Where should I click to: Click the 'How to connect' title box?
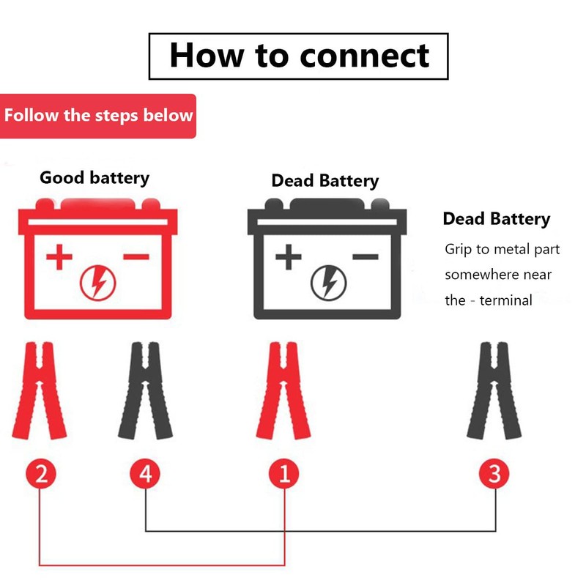click(298, 56)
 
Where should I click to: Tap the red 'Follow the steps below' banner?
click(98, 116)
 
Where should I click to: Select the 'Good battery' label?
click(94, 177)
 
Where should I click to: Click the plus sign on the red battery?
click(59, 257)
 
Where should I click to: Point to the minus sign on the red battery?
click(136, 256)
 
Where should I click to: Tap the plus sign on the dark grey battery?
click(289, 257)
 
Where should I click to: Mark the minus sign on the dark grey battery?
click(366, 256)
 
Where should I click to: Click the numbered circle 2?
click(41, 474)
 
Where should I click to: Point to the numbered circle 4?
click(146, 474)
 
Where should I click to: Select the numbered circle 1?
click(284, 474)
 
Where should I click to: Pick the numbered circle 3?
click(495, 474)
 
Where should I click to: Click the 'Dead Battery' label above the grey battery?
click(325, 180)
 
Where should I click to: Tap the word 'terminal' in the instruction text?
click(506, 300)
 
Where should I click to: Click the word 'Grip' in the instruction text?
click(459, 249)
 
